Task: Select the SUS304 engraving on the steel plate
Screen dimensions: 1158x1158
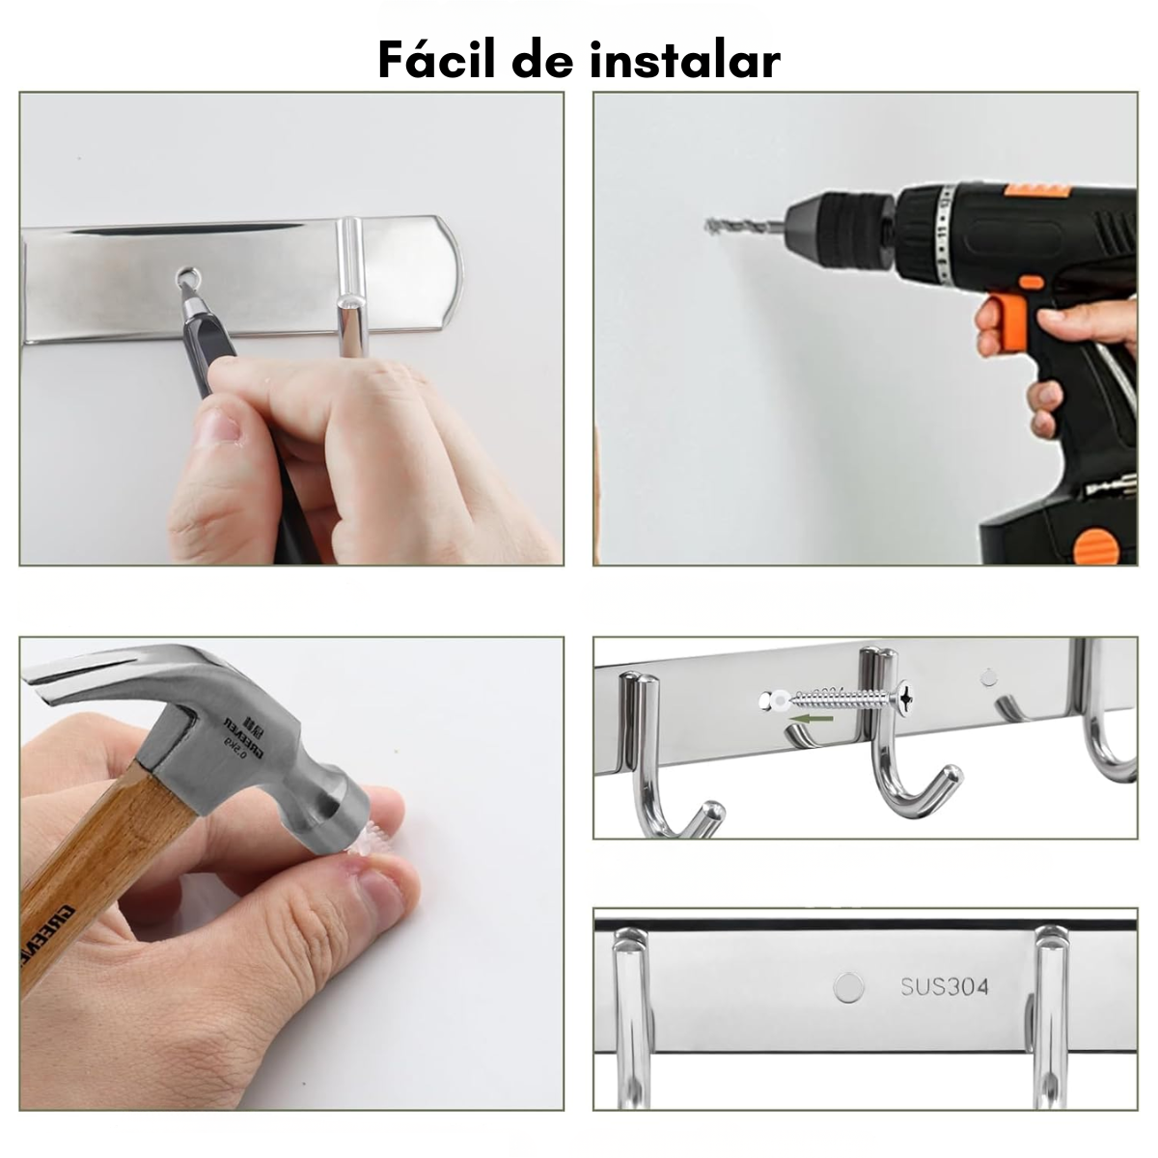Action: [945, 986]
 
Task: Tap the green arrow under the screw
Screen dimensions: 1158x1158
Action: [809, 718]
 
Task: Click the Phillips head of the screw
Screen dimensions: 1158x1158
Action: [908, 697]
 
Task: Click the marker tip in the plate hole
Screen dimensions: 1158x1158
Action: [185, 280]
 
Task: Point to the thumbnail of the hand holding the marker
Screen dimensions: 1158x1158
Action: [220, 425]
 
